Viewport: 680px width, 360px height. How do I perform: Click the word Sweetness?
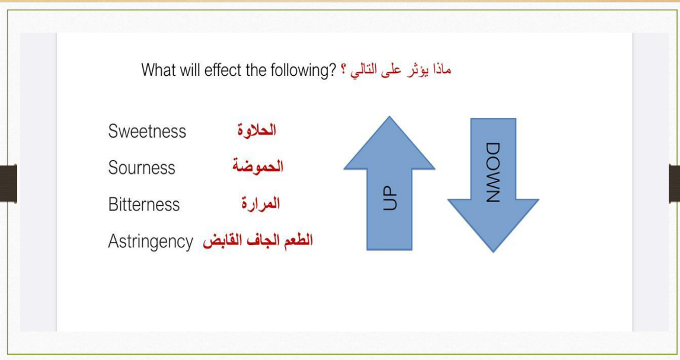click(147, 131)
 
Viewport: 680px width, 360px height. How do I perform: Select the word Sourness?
click(142, 167)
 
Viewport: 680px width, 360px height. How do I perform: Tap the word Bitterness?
click(144, 204)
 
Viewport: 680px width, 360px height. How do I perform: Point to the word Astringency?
click(151, 241)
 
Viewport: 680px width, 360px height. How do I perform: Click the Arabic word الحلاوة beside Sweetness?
click(257, 130)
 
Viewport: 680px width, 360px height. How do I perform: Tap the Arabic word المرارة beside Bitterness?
click(261, 203)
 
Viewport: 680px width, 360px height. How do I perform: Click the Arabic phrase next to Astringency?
click(258, 241)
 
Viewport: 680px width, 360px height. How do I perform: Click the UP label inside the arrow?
click(390, 198)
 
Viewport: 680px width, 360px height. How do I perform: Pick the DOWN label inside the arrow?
click(493, 172)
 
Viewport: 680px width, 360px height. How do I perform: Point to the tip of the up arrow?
click(389, 116)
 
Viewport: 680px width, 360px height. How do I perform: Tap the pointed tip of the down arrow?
click(493, 251)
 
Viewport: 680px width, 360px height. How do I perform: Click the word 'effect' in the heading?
click(224, 70)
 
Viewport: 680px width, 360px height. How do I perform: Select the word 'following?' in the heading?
click(303, 70)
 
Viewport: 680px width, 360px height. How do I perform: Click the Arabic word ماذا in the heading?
click(442, 69)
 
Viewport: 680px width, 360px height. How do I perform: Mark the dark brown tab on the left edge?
click(8, 183)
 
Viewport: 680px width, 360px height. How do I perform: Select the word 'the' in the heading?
click(256, 70)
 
